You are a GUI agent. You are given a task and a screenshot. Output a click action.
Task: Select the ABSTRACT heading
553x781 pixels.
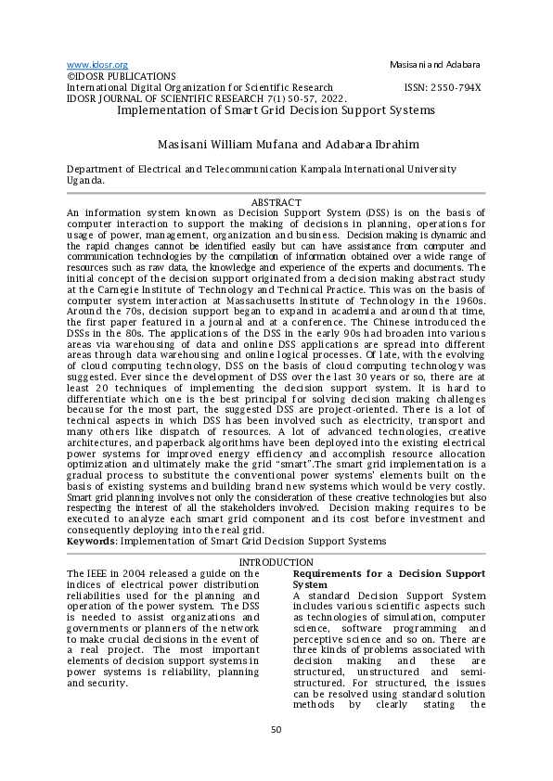[x=276, y=202]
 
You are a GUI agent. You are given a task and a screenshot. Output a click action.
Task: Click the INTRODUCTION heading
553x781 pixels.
[x=276, y=563]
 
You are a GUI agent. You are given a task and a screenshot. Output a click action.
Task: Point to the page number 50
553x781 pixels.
[x=276, y=729]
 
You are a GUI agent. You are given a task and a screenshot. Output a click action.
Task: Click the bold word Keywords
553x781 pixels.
[x=92, y=541]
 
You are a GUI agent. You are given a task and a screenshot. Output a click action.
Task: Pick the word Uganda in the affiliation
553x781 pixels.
[x=84, y=181]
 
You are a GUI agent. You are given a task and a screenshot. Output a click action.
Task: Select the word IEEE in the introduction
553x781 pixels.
[x=100, y=574]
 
